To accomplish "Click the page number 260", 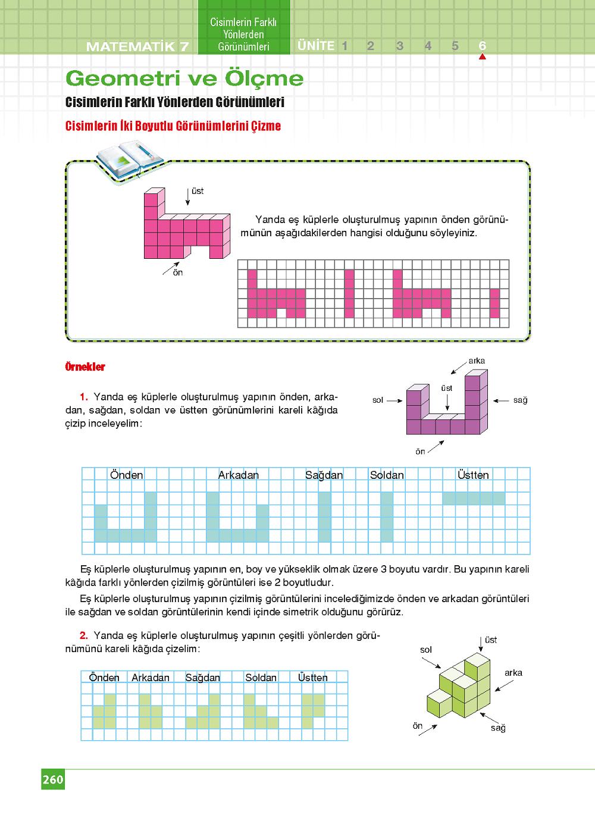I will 53,779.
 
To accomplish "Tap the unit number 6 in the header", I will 482,46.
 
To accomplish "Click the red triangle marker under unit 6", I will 482,57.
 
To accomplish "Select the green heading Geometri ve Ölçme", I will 184,79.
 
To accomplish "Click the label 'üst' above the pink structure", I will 198,191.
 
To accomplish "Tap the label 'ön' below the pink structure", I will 178,272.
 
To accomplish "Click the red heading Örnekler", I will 85,367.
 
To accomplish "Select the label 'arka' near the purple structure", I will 477,361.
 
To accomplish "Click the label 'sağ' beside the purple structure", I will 520,400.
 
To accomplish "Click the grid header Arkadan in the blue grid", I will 238,475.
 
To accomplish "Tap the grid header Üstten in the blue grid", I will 473,475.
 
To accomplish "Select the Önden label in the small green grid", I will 104,678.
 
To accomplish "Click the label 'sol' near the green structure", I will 426,650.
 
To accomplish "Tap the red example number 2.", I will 84,635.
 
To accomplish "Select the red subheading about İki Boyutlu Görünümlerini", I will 173,126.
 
